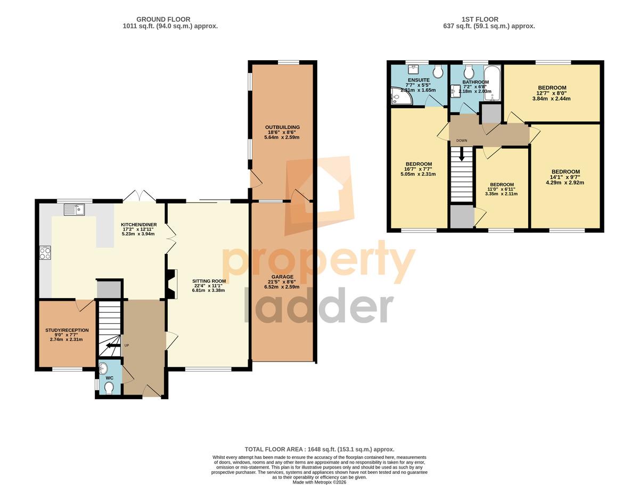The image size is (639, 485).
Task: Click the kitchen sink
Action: click(74, 209)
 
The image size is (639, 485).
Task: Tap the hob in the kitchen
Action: click(45, 253)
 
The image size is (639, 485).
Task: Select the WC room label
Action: click(110, 378)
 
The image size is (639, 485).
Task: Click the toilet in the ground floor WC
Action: click(109, 388)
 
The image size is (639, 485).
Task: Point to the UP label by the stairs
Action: click(127, 346)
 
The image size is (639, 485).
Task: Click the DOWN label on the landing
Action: click(462, 141)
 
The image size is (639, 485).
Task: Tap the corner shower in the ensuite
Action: click(401, 95)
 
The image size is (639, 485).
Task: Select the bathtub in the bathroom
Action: click(492, 83)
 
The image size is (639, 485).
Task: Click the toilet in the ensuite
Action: click(438, 70)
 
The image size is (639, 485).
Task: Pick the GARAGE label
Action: click(282, 277)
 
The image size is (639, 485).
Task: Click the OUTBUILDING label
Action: click(282, 127)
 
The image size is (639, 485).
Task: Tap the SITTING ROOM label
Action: click(209, 281)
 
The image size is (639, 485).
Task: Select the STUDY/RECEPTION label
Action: click(67, 330)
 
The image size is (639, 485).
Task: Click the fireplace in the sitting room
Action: click(172, 284)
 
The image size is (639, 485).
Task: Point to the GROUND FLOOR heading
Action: click(163, 20)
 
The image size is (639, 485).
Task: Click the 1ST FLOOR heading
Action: click(480, 20)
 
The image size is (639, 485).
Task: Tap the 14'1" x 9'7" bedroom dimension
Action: click(566, 177)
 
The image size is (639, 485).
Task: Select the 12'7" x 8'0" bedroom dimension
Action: click(552, 93)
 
